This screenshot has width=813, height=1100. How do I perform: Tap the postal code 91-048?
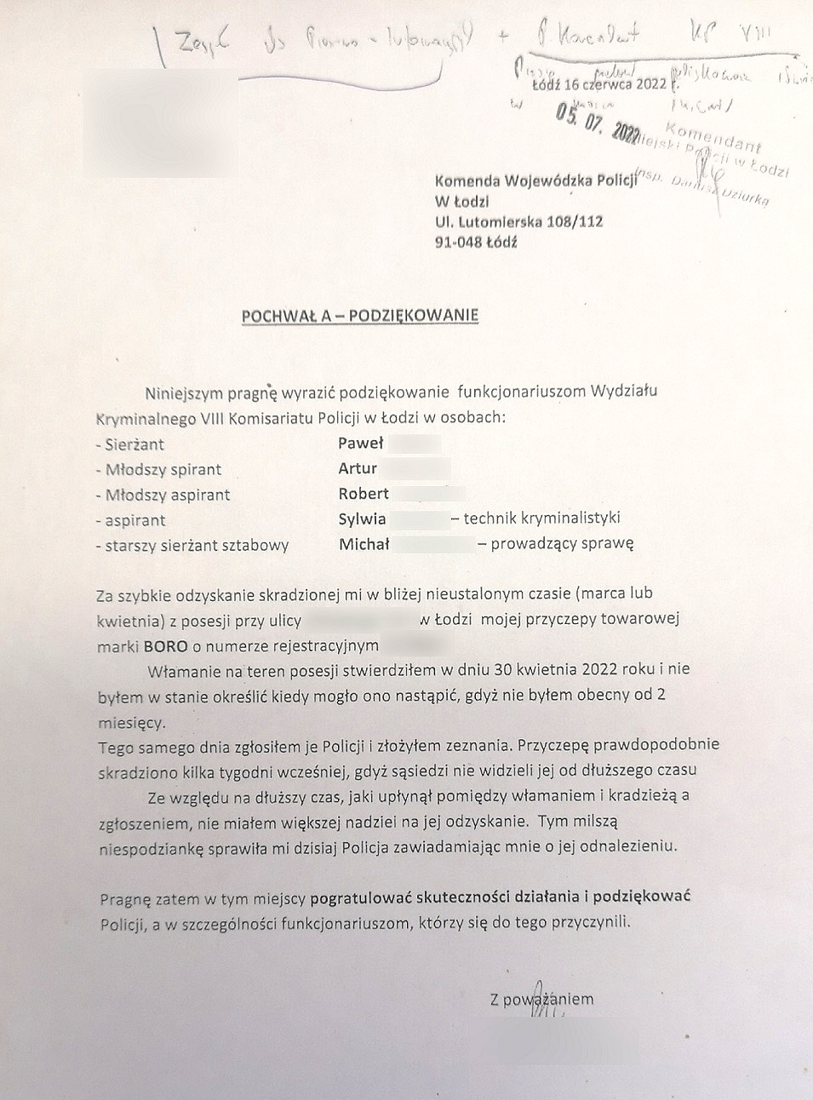(458, 242)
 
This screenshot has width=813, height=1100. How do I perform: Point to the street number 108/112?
(575, 221)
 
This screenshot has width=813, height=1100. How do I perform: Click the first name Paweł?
(361, 443)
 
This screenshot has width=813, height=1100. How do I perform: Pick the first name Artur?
(358, 468)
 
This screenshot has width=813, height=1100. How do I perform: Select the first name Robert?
(364, 494)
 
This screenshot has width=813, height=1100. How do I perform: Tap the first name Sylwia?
(362, 518)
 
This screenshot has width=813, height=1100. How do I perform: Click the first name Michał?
(364, 544)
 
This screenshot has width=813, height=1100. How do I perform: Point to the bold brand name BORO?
(165, 646)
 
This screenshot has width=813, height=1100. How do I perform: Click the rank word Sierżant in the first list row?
(135, 444)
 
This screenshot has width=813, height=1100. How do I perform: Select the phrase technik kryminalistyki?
(541, 518)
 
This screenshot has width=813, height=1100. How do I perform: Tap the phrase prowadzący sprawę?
(562, 543)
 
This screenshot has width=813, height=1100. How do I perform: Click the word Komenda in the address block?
(467, 180)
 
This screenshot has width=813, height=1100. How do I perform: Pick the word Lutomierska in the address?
(500, 221)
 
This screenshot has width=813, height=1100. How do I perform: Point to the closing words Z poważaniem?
(541, 1000)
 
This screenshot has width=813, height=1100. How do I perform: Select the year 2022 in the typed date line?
(650, 84)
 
